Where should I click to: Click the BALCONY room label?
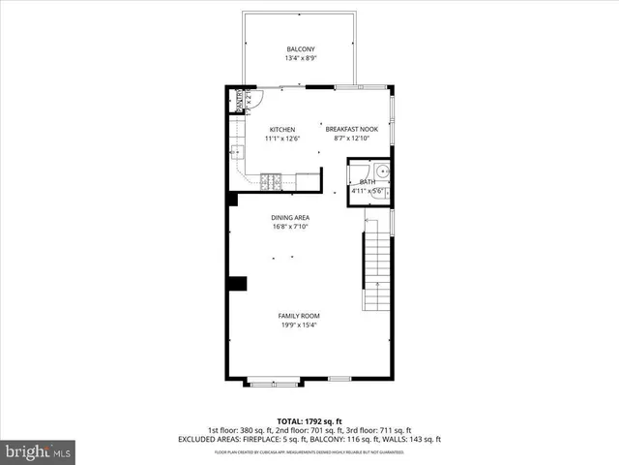tap(300, 49)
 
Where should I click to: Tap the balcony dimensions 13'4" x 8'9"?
tap(300, 59)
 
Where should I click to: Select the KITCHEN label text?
tap(282, 130)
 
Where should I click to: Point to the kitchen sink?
tap(236, 152)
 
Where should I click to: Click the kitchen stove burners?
tap(271, 179)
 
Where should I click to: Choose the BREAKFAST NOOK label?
tap(350, 130)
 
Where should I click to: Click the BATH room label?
tap(367, 182)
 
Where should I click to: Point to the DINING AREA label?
tap(290, 218)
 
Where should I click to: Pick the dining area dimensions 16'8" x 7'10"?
tap(290, 228)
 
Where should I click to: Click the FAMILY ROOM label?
tap(299, 316)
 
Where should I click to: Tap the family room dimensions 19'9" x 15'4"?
tap(299, 325)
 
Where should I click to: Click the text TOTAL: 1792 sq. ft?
tap(309, 421)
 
